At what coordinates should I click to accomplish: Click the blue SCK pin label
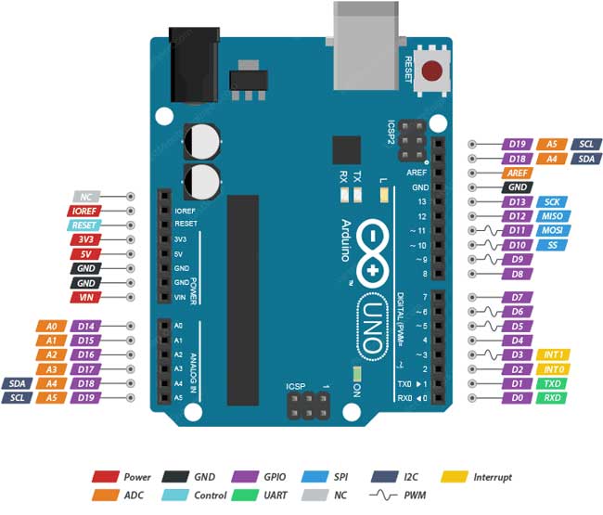click(x=552, y=201)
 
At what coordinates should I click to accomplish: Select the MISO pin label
click(x=552, y=215)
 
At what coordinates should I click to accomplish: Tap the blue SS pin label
click(x=552, y=245)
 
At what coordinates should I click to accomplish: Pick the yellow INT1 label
click(x=552, y=354)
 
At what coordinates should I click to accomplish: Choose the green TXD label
click(x=552, y=383)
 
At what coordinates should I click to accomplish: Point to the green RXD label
click(x=552, y=398)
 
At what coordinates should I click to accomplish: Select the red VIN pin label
click(x=85, y=297)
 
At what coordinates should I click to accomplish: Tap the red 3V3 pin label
click(x=85, y=239)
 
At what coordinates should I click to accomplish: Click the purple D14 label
click(x=86, y=326)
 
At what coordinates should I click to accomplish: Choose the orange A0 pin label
click(x=51, y=326)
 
